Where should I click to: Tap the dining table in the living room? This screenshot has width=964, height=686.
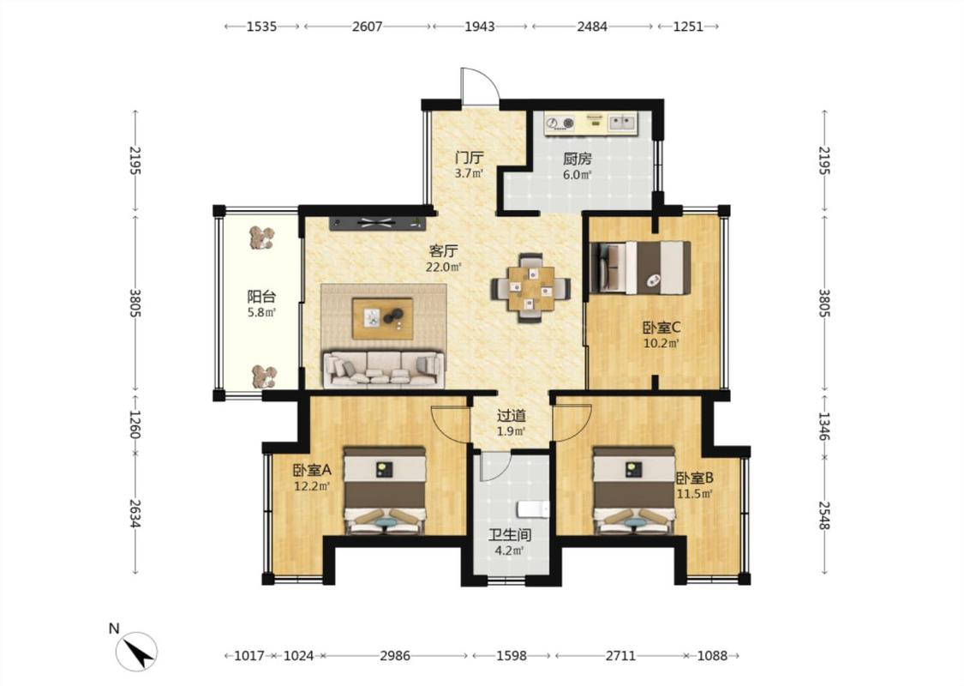pyautogui.click(x=530, y=288)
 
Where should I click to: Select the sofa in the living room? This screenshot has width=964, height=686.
pyautogui.click(x=384, y=370)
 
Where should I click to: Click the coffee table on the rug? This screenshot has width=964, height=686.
pyautogui.click(x=382, y=318)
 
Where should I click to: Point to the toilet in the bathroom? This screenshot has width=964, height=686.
pyautogui.click(x=532, y=510)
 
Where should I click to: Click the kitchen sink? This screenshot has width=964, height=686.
pyautogui.click(x=623, y=123)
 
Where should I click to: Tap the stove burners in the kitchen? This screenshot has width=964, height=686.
pyautogui.click(x=560, y=123)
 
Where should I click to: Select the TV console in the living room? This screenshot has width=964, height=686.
pyautogui.click(x=377, y=223)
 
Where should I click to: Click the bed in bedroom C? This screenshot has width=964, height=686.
pyautogui.click(x=639, y=268)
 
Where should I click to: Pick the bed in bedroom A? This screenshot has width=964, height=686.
pyautogui.click(x=384, y=490)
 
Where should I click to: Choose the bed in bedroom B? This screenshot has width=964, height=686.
pyautogui.click(x=634, y=490)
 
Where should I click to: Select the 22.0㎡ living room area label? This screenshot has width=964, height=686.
pyautogui.click(x=444, y=267)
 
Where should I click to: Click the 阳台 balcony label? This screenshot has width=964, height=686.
pyautogui.click(x=261, y=296)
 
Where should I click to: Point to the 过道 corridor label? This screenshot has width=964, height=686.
pyautogui.click(x=512, y=415)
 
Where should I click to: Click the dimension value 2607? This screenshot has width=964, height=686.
pyautogui.click(x=367, y=27)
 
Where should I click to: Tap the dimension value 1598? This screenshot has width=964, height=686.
pyautogui.click(x=512, y=656)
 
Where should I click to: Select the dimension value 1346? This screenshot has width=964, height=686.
pyautogui.click(x=824, y=426)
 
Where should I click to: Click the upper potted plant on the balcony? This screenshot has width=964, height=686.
pyautogui.click(x=262, y=238)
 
